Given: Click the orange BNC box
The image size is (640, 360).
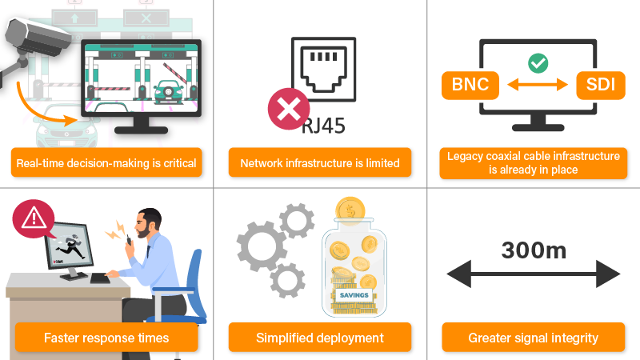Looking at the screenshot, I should tap(471, 83).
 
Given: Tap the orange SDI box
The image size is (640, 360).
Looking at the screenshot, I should tap(599, 83).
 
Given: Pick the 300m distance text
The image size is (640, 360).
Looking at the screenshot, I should tap(534, 250).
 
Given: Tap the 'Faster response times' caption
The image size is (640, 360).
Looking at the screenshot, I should tap(106, 338).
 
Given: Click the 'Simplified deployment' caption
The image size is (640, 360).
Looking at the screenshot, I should tap(320, 338).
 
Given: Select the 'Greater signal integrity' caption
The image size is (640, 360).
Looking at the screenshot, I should tap(534, 338).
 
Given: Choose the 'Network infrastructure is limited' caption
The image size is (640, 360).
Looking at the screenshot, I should tap(320, 163).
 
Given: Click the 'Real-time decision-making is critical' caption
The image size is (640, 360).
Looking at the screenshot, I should tap(106, 163).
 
